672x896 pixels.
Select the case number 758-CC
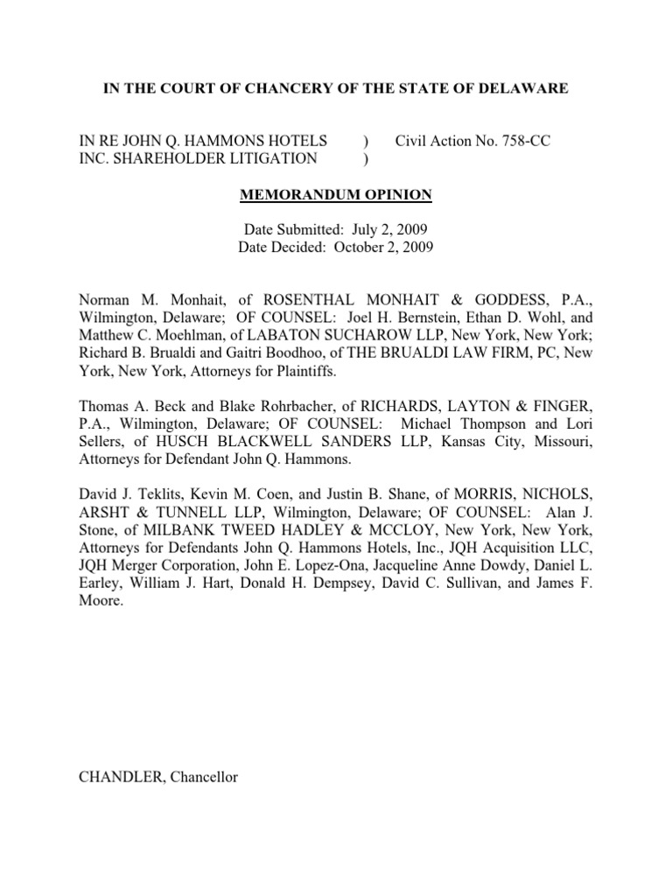522,140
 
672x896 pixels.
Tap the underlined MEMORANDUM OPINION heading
335,193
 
